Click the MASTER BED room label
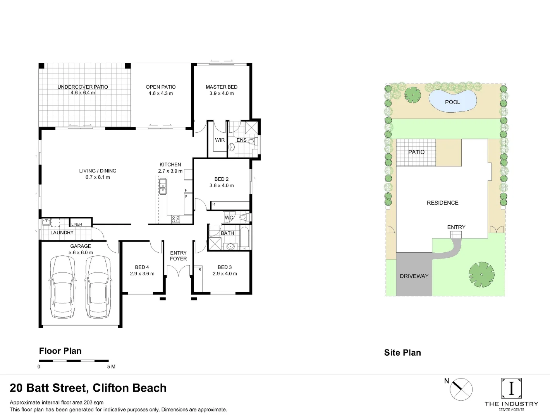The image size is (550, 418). (222, 87)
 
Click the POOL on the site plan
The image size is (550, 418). (452, 101)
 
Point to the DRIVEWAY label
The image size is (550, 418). (414, 276)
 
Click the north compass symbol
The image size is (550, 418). (461, 389)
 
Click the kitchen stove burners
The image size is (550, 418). (175, 219)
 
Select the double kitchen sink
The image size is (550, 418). (163, 186)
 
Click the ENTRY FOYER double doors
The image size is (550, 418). (178, 271)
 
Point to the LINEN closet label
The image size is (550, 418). (77, 224)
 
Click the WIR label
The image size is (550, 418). (220, 140)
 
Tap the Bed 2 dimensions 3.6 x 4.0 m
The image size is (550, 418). (222, 186)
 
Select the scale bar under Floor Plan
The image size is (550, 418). (74, 361)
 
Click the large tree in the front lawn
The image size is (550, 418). (481, 274)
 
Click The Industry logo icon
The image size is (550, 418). (511, 388)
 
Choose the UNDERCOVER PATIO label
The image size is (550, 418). (82, 87)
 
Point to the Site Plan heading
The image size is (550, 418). (402, 353)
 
